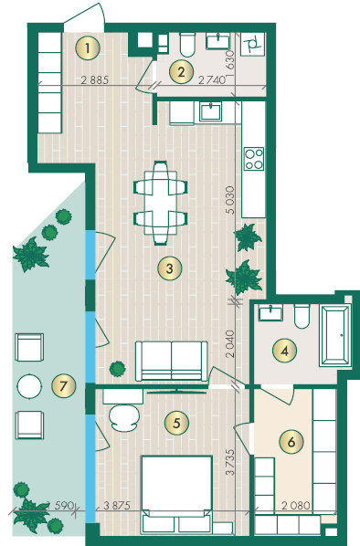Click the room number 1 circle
click(88, 47)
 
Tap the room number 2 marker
click(181, 72)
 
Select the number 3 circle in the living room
click(170, 268)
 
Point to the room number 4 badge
click(285, 351)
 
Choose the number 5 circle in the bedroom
click(176, 423)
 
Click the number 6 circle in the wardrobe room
click(291, 442)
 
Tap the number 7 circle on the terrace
click(63, 386)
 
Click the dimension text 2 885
click(95, 80)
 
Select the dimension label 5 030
click(230, 200)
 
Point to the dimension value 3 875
click(117, 505)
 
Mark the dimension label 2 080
click(296, 505)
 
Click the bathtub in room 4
click(334, 336)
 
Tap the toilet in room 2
click(187, 45)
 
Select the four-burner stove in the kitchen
click(254, 159)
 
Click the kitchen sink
click(211, 111)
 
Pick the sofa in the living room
click(172, 361)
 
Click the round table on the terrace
click(29, 386)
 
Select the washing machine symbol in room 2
click(253, 44)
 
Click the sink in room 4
click(270, 312)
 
